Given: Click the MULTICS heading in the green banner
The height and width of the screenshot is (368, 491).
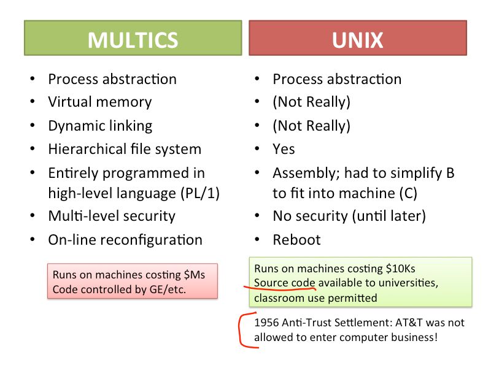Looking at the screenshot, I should tap(133, 40).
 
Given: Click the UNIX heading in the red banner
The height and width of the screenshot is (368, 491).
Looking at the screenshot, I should tap(357, 40).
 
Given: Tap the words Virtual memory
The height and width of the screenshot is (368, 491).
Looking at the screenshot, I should tap(99, 102).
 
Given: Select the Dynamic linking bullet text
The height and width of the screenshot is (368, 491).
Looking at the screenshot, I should tap(100, 126).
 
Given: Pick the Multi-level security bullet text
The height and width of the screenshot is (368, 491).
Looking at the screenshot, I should tap(112, 216).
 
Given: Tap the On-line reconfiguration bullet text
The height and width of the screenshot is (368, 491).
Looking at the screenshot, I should tap(125, 239).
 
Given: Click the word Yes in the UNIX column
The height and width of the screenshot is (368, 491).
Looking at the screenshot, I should tap(284, 149).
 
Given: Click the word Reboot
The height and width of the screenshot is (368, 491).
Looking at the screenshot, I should tap(296, 239).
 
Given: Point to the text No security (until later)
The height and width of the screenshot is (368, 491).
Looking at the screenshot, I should tap(349, 216).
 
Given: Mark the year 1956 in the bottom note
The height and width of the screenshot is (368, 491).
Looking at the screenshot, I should tap(266, 323).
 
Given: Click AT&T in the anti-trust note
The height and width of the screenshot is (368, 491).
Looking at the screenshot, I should tap(416, 323).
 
